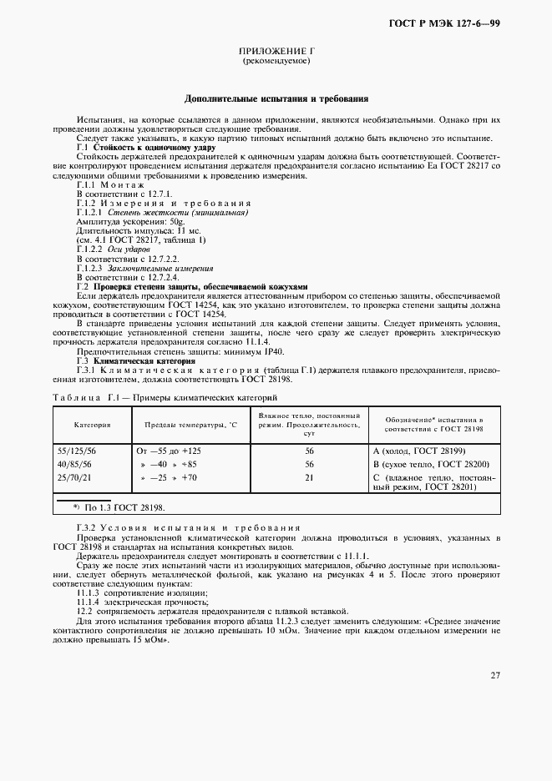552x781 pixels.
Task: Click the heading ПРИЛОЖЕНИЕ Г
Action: tap(276, 52)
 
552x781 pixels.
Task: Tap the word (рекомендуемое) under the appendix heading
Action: tap(276, 63)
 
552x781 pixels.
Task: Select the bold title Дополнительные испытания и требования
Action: tap(276, 98)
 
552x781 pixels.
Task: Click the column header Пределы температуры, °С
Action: tap(185, 424)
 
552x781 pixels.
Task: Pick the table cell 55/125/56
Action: tap(76, 451)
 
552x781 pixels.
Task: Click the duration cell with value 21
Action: tap(309, 477)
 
